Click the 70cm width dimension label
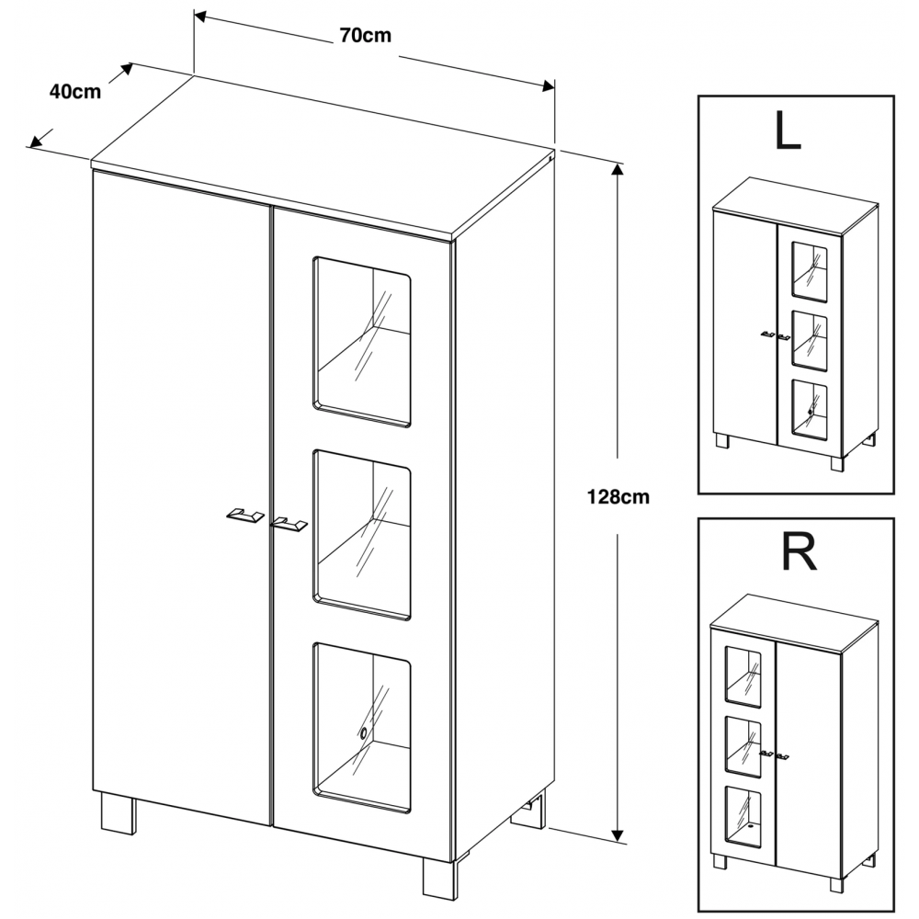pyautogui.click(x=366, y=37)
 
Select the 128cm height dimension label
pyautogui.click(x=618, y=497)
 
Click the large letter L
pyautogui.click(x=788, y=132)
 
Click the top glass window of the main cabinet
pyautogui.click(x=362, y=341)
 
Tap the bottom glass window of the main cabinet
pyautogui.click(x=362, y=726)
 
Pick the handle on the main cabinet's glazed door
pyautogui.click(x=289, y=525)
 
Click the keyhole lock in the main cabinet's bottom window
pyautogui.click(x=364, y=732)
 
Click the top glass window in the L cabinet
pyautogui.click(x=809, y=272)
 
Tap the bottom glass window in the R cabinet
pyautogui.click(x=743, y=816)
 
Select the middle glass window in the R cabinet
pyautogui.click(x=743, y=745)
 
